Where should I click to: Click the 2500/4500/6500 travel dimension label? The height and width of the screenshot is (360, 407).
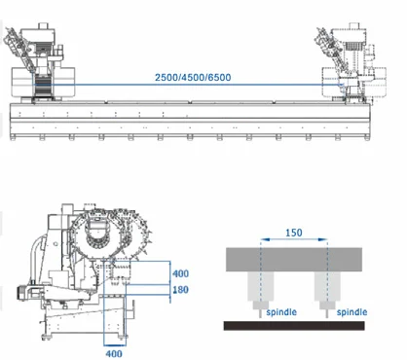pos(193,78)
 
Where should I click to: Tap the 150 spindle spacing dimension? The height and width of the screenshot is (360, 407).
pos(294,233)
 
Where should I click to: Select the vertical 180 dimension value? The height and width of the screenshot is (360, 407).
pos(180,290)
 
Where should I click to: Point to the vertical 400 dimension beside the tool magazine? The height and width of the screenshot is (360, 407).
pos(180,273)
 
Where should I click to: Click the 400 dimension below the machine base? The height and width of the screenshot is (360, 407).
pos(114,353)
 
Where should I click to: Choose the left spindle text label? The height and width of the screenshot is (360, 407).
pos(281,312)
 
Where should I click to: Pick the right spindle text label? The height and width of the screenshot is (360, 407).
pos(351,312)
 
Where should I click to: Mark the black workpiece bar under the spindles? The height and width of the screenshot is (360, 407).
pos(294,326)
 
